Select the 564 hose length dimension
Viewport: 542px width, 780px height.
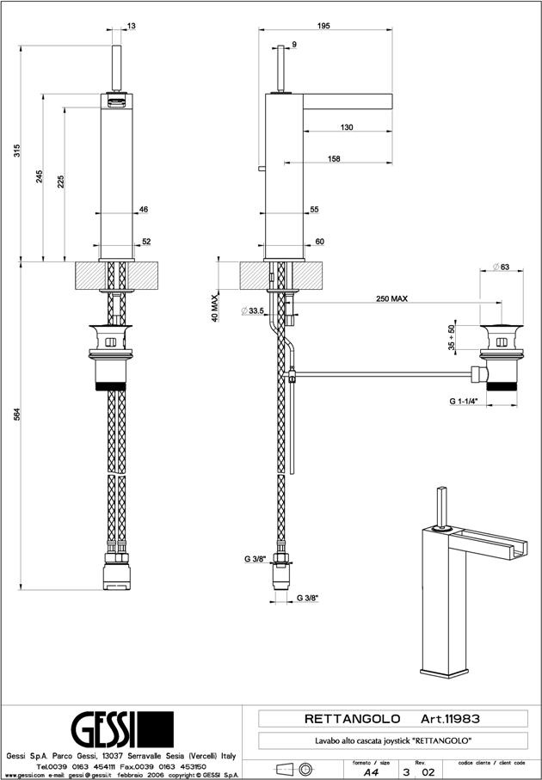pyautogui.click(x=16, y=415)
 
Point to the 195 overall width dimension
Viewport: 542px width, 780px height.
pyautogui.click(x=323, y=27)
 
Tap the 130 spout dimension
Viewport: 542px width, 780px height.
pyautogui.click(x=346, y=127)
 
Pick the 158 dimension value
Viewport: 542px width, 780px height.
pyautogui.click(x=335, y=158)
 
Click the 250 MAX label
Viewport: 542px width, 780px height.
pyautogui.click(x=391, y=298)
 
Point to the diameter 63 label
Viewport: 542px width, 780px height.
pyautogui.click(x=502, y=267)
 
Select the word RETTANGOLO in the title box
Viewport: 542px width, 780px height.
pyautogui.click(x=353, y=717)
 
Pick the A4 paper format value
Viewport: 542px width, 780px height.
pyautogui.click(x=371, y=773)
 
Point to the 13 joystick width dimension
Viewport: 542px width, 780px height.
pyautogui.click(x=131, y=27)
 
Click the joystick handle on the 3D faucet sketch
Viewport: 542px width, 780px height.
pyautogui.click(x=443, y=508)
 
